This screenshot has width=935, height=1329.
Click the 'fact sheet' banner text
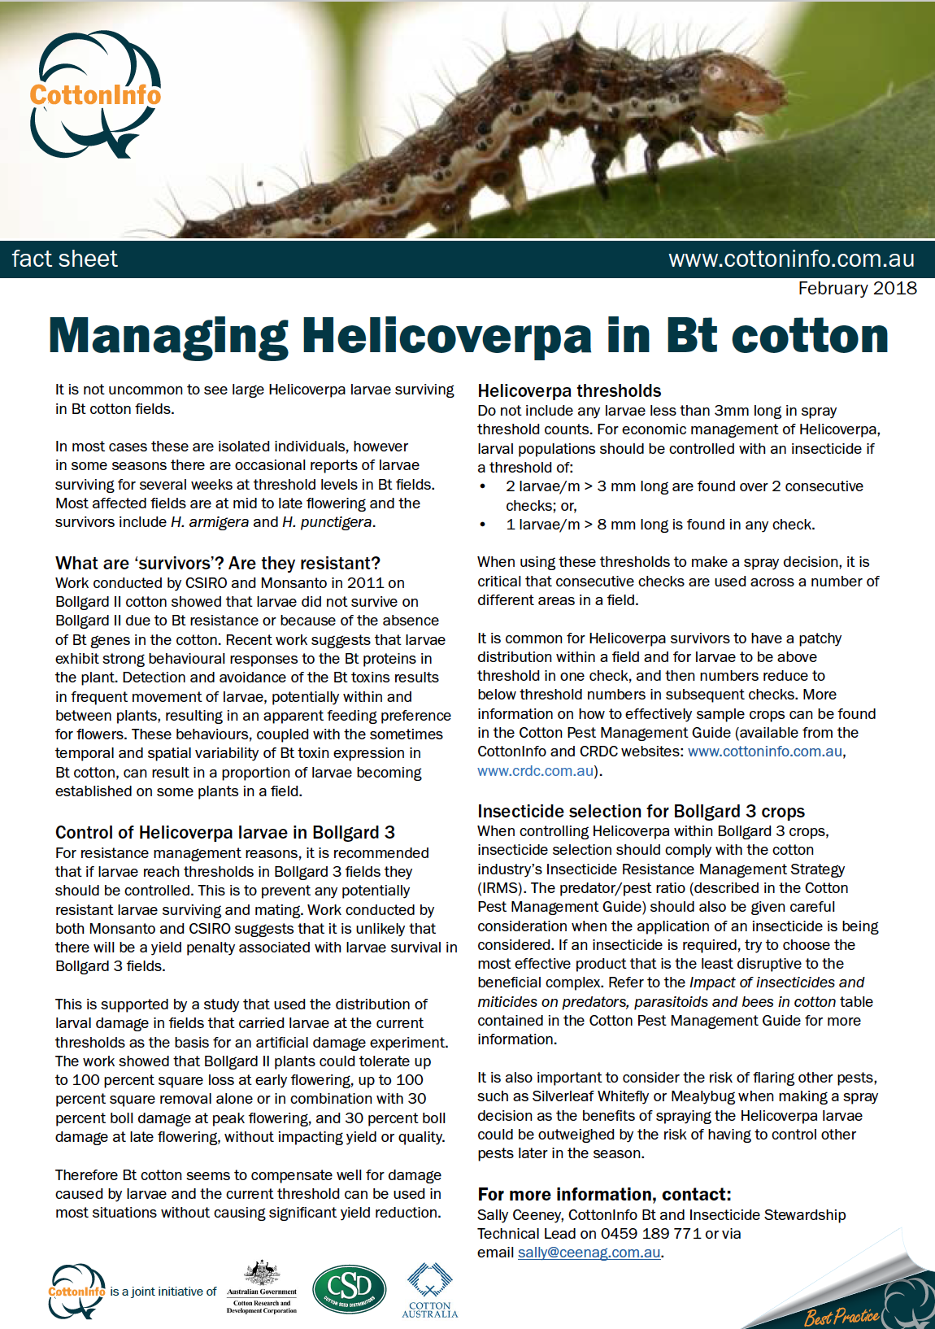click(65, 259)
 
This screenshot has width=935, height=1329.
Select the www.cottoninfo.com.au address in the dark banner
click(791, 259)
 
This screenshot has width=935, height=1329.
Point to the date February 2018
click(857, 289)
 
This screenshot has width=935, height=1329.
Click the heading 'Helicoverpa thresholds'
click(569, 391)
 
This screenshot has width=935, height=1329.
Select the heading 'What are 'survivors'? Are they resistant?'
click(218, 564)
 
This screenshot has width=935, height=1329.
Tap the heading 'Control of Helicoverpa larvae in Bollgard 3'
click(225, 833)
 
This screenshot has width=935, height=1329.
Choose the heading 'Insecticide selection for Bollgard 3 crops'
click(641, 812)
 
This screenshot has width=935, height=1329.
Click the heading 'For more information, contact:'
click(604, 1195)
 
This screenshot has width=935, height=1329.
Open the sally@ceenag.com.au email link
click(589, 1253)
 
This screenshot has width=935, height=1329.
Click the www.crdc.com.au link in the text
click(536, 771)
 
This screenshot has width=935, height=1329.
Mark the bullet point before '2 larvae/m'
click(483, 486)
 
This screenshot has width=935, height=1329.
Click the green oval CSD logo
click(350, 1288)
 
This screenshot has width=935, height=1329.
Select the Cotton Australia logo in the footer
click(430, 1290)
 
